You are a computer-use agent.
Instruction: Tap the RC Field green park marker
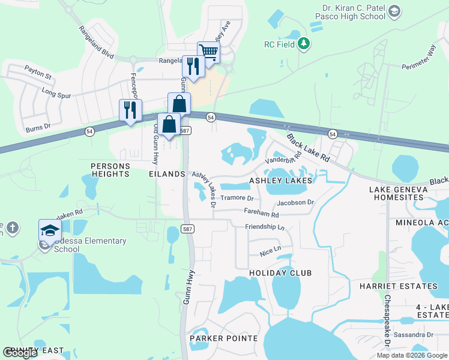coord(304,43)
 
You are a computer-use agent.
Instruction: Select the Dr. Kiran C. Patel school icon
coord(394,11)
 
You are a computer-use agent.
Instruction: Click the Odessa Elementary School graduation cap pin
coord(50,230)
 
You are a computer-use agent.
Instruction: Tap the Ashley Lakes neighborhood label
coord(281,181)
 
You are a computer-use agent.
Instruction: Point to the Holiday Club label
coord(280,273)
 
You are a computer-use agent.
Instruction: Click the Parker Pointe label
coord(223,338)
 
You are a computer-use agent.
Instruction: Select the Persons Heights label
coord(109,169)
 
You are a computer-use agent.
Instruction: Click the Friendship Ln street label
coord(265,227)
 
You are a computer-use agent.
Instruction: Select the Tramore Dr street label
coord(237,198)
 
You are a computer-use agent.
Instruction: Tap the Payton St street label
coord(38,77)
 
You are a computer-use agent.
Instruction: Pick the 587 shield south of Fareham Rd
coord(187,230)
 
